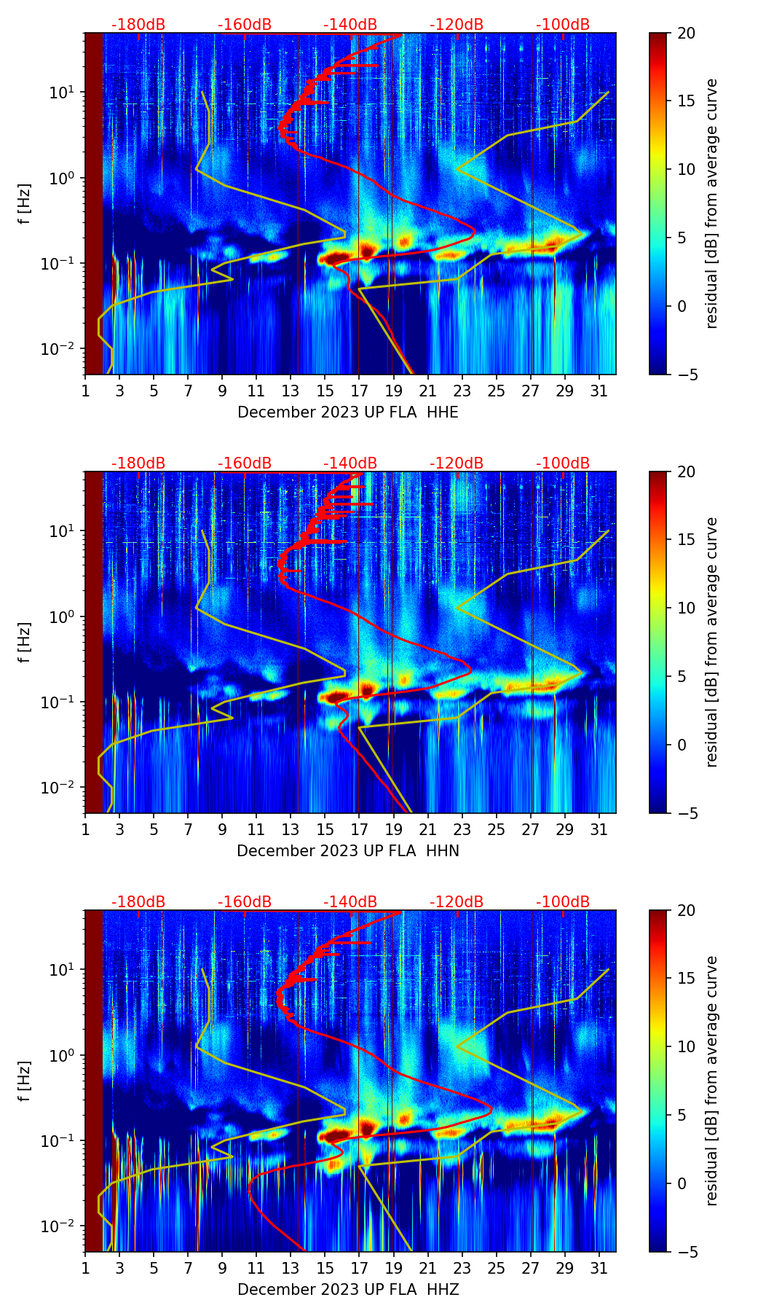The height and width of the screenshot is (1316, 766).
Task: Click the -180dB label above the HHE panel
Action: pyautogui.click(x=138, y=25)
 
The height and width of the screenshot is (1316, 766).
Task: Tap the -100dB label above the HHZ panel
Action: pyautogui.click(x=563, y=902)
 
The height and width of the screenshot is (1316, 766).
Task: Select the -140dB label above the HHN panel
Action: pyautogui.click(x=350, y=463)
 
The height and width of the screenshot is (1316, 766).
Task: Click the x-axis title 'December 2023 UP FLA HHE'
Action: pyautogui.click(x=348, y=412)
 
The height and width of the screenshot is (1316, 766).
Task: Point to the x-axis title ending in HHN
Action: pyautogui.click(x=348, y=851)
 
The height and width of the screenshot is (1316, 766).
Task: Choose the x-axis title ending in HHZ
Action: pyautogui.click(x=348, y=1290)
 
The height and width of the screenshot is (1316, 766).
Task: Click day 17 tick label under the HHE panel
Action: pyautogui.click(x=359, y=391)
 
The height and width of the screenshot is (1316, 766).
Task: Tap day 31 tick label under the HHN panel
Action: pyautogui.click(x=599, y=830)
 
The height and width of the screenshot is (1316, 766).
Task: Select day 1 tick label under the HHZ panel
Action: pyautogui.click(x=85, y=1269)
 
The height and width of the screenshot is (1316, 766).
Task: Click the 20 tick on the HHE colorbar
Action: pyautogui.click(x=687, y=34)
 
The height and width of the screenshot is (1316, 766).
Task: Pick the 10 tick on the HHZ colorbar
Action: pyautogui.click(x=687, y=1046)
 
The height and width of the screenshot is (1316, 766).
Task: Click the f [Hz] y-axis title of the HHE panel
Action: pyautogui.click(x=25, y=204)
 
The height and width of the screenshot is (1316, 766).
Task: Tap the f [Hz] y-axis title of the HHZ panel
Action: pyautogui.click(x=25, y=1081)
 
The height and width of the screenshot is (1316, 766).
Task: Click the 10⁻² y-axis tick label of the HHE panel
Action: pyautogui.click(x=62, y=349)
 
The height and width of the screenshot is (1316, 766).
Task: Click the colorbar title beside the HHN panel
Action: pyautogui.click(x=712, y=642)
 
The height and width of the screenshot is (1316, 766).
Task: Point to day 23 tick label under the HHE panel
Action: pyautogui.click(x=462, y=391)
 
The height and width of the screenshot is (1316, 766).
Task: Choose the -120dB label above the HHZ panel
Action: pyautogui.click(x=457, y=902)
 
